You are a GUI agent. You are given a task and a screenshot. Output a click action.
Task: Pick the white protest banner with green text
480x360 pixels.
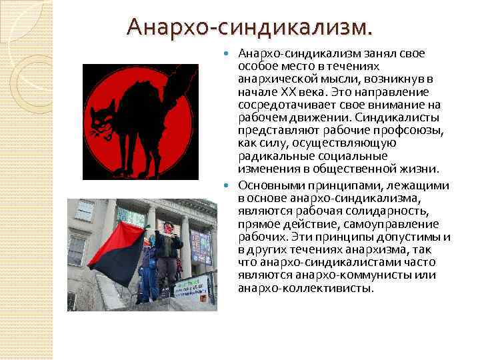click(191, 287)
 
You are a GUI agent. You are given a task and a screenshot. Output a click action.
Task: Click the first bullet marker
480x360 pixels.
click(231, 53)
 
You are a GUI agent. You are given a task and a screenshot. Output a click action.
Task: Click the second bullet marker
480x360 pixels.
click(231, 185)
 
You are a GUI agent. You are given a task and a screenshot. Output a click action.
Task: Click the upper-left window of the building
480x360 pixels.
click(85, 209)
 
